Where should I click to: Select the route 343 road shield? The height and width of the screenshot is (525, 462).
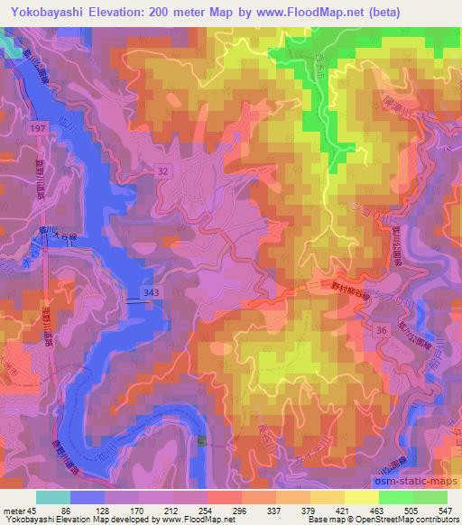click(x=152, y=291)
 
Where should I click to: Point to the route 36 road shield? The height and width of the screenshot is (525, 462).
click(x=381, y=331)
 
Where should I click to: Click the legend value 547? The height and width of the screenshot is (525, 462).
click(x=446, y=511)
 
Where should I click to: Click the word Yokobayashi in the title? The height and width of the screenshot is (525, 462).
click(x=54, y=12)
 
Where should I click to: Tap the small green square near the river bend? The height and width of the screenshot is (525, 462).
click(x=201, y=440)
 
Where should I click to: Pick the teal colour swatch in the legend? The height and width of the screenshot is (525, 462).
click(x=52, y=497)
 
